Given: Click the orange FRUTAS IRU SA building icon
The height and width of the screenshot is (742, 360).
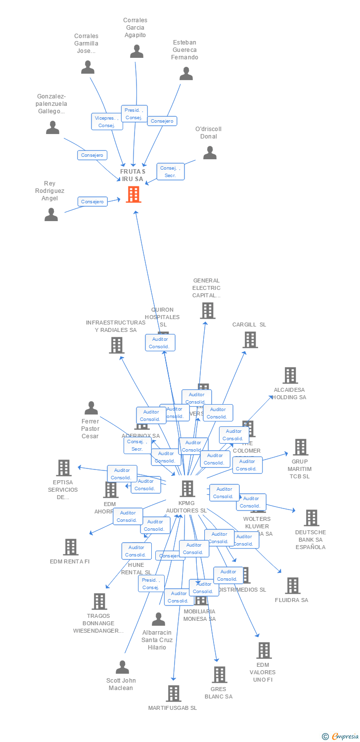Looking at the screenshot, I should [134, 194].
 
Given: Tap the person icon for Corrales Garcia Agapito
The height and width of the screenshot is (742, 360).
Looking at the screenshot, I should [136, 51].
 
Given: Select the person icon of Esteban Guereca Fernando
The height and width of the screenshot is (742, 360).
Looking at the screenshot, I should [186, 74].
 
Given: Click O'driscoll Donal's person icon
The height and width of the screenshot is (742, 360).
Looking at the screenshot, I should [210, 153].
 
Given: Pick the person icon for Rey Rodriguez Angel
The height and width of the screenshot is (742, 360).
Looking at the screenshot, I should [51, 214].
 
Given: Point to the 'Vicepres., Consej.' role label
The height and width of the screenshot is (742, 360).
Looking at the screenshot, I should [107, 122].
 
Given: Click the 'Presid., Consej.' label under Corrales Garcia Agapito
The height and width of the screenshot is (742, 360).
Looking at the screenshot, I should [134, 114].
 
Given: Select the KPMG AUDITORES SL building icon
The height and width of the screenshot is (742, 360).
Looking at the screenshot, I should [187, 489].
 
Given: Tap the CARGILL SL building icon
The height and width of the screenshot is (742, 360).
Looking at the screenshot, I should [250, 340].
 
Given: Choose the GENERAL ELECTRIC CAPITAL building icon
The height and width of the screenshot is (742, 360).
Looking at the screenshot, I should [207, 311].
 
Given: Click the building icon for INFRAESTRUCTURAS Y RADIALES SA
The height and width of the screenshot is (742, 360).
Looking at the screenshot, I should [116, 345].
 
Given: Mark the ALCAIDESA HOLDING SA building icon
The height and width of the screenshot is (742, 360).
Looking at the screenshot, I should [290, 375].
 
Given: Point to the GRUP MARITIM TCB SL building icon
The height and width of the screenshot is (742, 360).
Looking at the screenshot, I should [300, 447].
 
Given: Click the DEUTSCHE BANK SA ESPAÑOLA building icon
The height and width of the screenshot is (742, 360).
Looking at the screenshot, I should [311, 518].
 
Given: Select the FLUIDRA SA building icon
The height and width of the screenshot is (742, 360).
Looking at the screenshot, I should [292, 586].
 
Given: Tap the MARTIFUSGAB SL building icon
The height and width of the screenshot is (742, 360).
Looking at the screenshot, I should [173, 694].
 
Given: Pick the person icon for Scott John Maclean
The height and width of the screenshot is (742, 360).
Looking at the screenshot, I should [122, 667].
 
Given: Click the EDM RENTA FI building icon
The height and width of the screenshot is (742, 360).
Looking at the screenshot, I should [71, 547].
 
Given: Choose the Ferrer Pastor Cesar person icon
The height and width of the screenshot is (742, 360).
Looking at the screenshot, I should [91, 408].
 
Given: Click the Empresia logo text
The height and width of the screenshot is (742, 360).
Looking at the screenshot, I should [345, 737].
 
